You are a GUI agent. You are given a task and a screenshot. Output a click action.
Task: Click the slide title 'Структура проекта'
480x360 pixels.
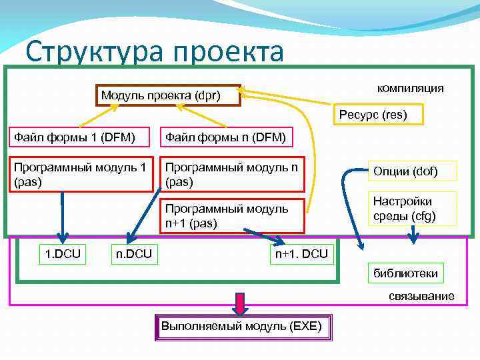[x=155, y=52]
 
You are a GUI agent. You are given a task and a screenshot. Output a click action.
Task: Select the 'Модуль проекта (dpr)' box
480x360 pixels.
[x=169, y=95]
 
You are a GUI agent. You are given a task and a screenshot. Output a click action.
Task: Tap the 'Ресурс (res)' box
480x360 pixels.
[x=372, y=115]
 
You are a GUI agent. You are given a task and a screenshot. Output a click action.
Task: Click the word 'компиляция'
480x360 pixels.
[x=410, y=88]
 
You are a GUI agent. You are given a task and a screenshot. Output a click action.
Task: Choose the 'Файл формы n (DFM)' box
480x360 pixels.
[x=226, y=137]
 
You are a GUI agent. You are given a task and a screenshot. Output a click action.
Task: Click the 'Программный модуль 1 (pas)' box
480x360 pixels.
[x=82, y=173]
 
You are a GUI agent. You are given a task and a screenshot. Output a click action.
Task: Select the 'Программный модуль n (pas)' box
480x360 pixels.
[x=233, y=173]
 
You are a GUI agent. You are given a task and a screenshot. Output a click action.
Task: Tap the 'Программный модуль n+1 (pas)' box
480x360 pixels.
[x=233, y=215]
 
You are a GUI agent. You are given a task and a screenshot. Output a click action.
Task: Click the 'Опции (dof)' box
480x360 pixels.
[x=415, y=171]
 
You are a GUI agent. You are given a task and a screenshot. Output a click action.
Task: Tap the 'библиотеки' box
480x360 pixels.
[x=405, y=272]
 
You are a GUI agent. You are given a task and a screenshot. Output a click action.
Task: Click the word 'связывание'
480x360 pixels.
[x=421, y=296]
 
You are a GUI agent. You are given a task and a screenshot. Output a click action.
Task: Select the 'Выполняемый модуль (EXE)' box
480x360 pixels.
[x=241, y=326]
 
